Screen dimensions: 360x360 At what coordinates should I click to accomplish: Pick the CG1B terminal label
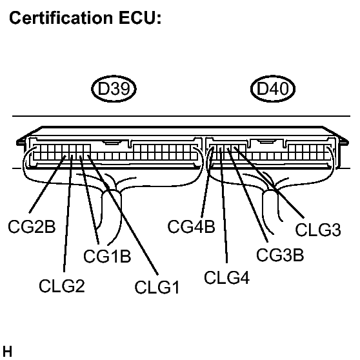(x=107, y=256)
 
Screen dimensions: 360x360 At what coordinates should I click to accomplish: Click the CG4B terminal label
(x=191, y=227)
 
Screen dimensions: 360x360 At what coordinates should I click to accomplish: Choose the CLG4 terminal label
(x=226, y=278)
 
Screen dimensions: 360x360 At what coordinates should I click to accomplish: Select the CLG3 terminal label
(x=318, y=230)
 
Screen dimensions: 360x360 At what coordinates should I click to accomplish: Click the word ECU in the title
(x=142, y=21)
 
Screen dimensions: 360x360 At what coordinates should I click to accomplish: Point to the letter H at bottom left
(x=7, y=352)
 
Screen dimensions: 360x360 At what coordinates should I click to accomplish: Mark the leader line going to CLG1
(x=123, y=213)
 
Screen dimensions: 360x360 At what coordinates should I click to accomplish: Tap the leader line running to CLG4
(x=225, y=213)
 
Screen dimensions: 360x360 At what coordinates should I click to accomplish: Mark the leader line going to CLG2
(x=67, y=213)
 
